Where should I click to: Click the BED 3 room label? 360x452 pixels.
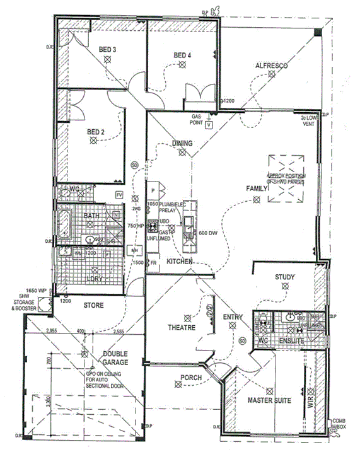(107, 50)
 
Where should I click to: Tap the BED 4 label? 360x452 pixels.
(182, 55)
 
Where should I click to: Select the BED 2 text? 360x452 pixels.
(96, 132)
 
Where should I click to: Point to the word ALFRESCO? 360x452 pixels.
(272, 66)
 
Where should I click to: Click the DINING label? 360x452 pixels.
(182, 144)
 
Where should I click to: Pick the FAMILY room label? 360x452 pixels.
(257, 188)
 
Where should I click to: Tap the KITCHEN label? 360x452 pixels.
(179, 261)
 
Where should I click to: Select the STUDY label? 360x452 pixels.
(285, 277)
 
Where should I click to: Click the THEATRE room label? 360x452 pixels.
(181, 328)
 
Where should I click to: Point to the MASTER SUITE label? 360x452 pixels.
(268, 400)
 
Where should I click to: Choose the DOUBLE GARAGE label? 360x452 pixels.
(116, 359)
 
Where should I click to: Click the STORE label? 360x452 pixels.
(93, 306)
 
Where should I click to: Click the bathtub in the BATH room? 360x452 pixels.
(64, 224)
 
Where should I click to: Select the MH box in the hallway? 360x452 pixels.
(134, 251)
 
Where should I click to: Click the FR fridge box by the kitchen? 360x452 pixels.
(152, 263)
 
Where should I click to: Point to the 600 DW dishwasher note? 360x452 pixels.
(208, 233)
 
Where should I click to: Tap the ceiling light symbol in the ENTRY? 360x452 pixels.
(233, 326)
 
